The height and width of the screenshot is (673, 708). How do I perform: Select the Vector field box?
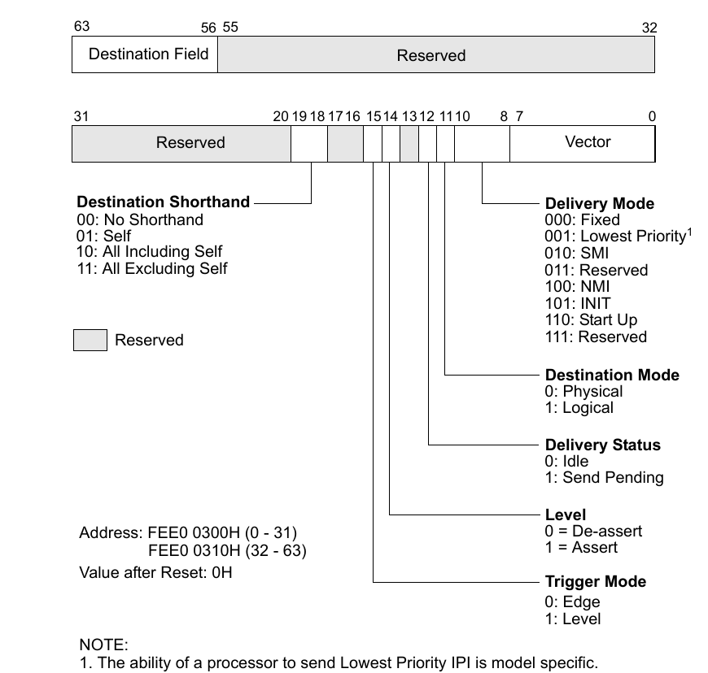tap(582, 142)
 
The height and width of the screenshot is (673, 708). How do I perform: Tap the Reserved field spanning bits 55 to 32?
tap(435, 55)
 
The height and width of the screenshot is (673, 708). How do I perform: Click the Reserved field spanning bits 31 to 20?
tap(181, 143)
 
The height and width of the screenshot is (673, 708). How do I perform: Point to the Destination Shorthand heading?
tap(163, 202)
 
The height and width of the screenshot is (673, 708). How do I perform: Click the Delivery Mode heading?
tap(599, 203)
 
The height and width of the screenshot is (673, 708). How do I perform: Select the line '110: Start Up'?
tap(591, 319)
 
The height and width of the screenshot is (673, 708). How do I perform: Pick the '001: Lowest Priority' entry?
tap(615, 237)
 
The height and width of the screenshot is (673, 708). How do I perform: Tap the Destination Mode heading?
tap(611, 375)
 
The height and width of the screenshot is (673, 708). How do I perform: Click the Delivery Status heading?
tap(602, 445)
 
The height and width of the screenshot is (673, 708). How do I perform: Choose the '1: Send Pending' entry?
tap(604, 478)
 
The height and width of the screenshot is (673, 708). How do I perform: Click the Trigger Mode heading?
tap(595, 581)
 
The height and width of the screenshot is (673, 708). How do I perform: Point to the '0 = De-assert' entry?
tap(593, 531)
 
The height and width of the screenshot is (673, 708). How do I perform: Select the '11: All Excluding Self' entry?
tap(151, 268)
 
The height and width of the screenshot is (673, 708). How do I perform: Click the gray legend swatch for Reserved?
tap(90, 340)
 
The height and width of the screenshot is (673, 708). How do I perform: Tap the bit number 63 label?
tap(81, 26)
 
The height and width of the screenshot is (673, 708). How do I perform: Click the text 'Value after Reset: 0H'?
tap(155, 571)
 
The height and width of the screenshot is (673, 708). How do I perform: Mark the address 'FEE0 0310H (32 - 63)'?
tap(227, 551)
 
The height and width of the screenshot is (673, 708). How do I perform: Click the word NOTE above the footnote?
tap(103, 645)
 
